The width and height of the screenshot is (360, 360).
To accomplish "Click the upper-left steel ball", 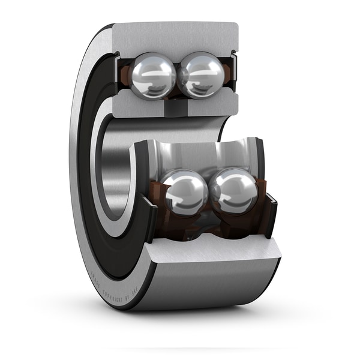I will (x=153, y=75).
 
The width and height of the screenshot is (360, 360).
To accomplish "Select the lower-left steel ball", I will (x=185, y=192).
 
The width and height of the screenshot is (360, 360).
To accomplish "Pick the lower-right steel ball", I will (x=235, y=191).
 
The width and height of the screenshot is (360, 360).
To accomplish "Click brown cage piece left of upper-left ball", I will (x=124, y=75).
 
